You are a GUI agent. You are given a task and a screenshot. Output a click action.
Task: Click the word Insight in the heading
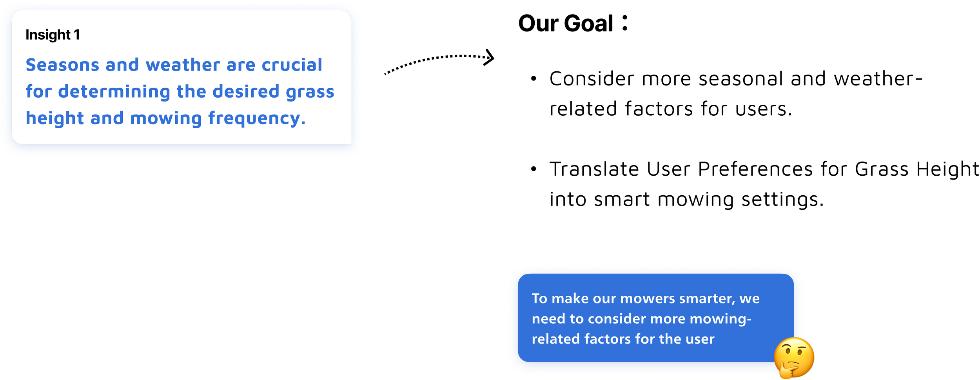click(48, 35)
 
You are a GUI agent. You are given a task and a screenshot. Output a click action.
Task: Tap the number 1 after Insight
click(77, 35)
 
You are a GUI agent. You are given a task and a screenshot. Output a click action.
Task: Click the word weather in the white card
click(183, 65)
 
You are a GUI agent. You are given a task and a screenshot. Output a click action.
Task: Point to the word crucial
click(292, 65)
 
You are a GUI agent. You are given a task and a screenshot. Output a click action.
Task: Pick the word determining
click(114, 92)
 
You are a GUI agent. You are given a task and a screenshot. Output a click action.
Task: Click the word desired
click(246, 92)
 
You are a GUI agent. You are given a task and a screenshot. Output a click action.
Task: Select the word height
click(55, 118)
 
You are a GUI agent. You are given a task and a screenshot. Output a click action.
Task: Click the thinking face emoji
click(794, 358)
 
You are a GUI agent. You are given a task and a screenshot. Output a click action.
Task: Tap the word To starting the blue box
click(539, 299)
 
